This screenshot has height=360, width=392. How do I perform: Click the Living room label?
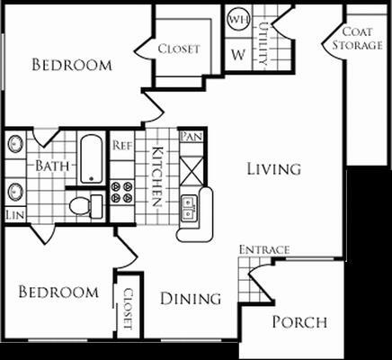click(x=274, y=169)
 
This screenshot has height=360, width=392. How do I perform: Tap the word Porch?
click(x=299, y=322)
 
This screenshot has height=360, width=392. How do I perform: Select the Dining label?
click(x=192, y=299)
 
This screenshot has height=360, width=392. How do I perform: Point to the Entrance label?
click(x=263, y=249)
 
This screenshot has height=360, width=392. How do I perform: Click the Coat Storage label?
click(x=358, y=40)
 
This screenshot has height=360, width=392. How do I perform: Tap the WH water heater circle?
click(x=238, y=19)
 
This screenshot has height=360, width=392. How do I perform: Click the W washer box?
click(x=238, y=52)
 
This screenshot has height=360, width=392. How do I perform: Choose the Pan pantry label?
click(x=191, y=136)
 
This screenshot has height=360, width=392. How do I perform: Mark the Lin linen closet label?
click(x=14, y=215)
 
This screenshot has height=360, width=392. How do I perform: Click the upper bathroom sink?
click(x=15, y=145)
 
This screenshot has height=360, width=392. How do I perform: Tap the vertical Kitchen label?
click(x=156, y=175)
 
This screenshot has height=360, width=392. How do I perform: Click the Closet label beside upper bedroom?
click(x=179, y=49)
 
